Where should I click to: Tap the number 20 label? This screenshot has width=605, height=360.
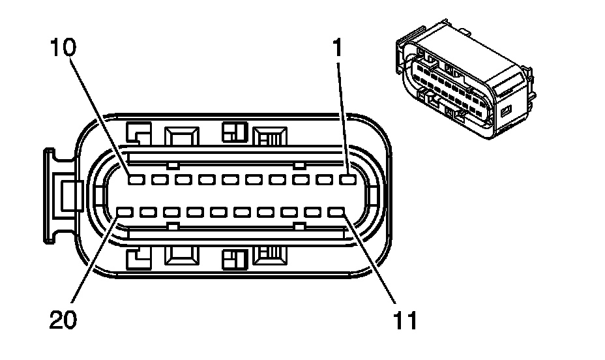[64, 320]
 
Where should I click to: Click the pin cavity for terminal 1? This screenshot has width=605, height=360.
[348, 179]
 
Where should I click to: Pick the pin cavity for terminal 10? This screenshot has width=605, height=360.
[136, 179]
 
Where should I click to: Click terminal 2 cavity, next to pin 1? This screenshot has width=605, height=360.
[325, 179]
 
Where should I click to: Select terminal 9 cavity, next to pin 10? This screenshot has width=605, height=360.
[159, 179]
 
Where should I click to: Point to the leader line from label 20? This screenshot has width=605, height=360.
[95, 261]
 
